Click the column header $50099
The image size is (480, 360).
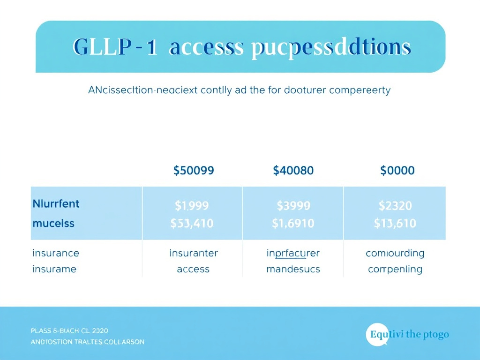point(194,170)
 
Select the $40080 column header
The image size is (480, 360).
point(293,170)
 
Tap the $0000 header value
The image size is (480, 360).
point(397,170)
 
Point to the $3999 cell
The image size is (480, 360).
point(293,205)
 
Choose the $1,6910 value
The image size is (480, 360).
point(293,224)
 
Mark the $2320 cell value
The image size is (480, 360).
point(395,205)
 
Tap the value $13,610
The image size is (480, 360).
point(395,224)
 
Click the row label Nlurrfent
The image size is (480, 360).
point(56,204)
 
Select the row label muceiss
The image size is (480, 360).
point(53,223)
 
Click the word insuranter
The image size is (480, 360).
point(193,253)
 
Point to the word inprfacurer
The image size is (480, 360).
point(293,253)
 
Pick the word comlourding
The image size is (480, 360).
point(395,253)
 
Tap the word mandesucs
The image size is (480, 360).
point(293,269)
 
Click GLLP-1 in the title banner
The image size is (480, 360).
point(115,48)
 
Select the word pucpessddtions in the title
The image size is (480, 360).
point(331,48)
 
